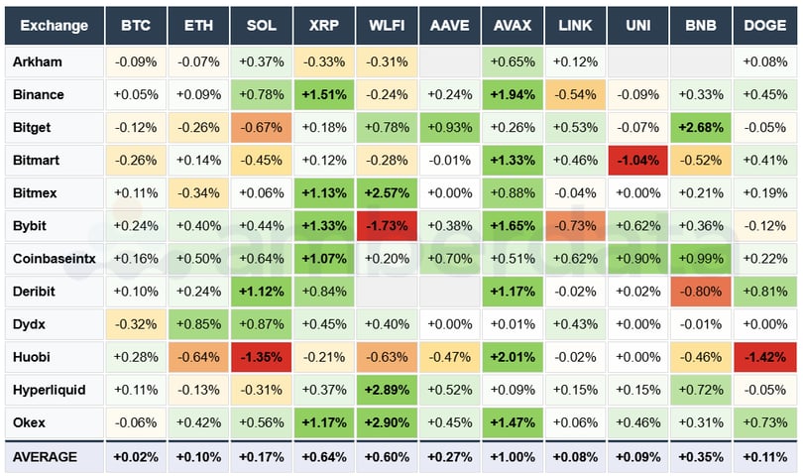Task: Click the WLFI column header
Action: pos(387,26)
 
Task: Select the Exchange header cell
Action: pos(54,26)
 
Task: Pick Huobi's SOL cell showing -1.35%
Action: pos(261,357)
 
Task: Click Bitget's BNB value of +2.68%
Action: pos(701,128)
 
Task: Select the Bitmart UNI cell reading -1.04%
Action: pos(638,161)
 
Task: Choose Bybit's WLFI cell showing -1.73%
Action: pos(387,226)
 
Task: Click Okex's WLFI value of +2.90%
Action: pos(387,422)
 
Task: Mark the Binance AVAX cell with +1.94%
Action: pos(513,95)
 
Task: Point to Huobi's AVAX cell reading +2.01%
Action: pos(513,357)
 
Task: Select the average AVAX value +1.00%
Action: pos(513,457)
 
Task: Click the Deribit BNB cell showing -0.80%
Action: pos(701,292)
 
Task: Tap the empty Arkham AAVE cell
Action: pos(449,62)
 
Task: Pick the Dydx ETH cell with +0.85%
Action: pos(198,324)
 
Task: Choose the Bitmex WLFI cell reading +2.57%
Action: pos(387,193)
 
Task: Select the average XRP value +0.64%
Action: pos(324,457)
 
